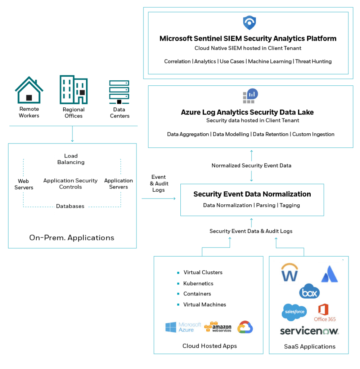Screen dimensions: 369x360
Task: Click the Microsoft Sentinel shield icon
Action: click(249, 22)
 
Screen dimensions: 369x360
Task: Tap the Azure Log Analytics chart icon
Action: click(249, 96)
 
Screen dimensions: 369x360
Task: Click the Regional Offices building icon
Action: click(74, 90)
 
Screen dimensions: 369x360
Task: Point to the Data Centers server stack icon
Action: click(119, 92)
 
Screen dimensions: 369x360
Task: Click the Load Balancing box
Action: click(71, 160)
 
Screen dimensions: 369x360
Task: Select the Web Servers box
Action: click(27, 184)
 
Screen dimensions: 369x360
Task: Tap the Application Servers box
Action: click(116, 183)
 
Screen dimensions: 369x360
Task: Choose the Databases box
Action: click(71, 207)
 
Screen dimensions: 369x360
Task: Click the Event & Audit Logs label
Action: click(158, 183)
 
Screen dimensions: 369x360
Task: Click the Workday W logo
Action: click(290, 274)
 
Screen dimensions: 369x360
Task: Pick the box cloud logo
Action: click(309, 292)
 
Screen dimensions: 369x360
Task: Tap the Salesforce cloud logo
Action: click(294, 312)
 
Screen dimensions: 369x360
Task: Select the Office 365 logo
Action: click(325, 312)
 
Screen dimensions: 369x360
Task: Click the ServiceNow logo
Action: click(309, 331)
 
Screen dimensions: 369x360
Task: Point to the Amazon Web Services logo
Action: click(218, 327)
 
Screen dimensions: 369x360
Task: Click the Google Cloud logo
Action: click(245, 327)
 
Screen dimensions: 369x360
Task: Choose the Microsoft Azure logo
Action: click(183, 327)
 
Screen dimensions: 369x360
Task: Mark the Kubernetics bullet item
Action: click(198, 284)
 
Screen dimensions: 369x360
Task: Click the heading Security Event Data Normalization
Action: click(252, 194)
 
